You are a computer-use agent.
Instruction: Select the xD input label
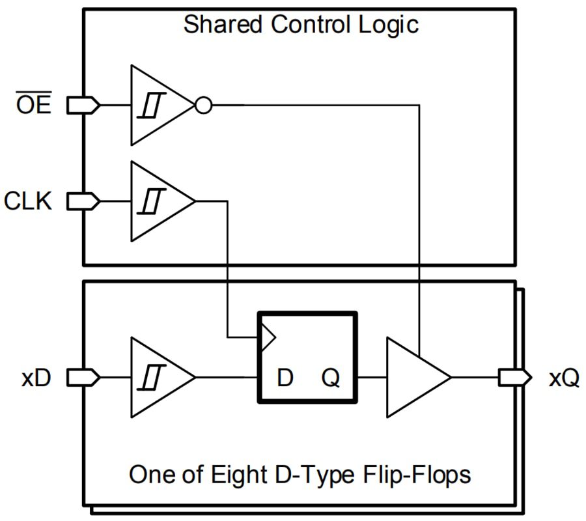[x=36, y=378]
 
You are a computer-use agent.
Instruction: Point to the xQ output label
[x=563, y=378]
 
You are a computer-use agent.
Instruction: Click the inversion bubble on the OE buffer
[x=204, y=105]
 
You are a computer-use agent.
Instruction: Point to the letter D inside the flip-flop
[x=285, y=378]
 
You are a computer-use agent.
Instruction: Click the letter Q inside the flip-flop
[x=331, y=378]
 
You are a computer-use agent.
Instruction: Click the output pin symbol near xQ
[x=515, y=377]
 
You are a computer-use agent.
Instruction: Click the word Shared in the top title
[x=222, y=25]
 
